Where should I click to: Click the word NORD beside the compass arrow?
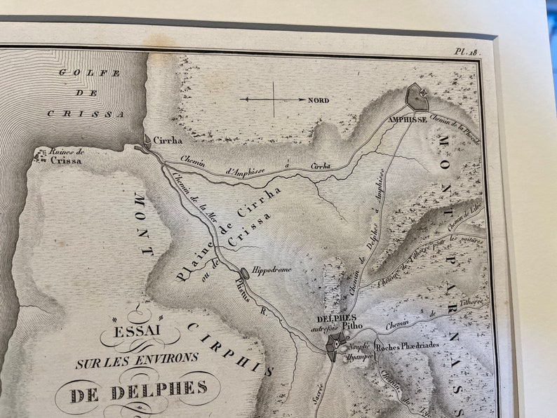pyautogui.click(x=318, y=100)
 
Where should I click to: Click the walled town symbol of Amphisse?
pyautogui.click(x=417, y=97)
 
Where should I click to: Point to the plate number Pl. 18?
pyautogui.click(x=465, y=51)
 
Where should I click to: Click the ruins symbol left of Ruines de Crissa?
pyautogui.click(x=39, y=156)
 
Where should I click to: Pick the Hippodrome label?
pyautogui.click(x=271, y=269)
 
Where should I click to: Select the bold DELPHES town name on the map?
pyautogui.click(x=337, y=318)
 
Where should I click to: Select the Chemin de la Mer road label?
pyautogui.click(x=194, y=199)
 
